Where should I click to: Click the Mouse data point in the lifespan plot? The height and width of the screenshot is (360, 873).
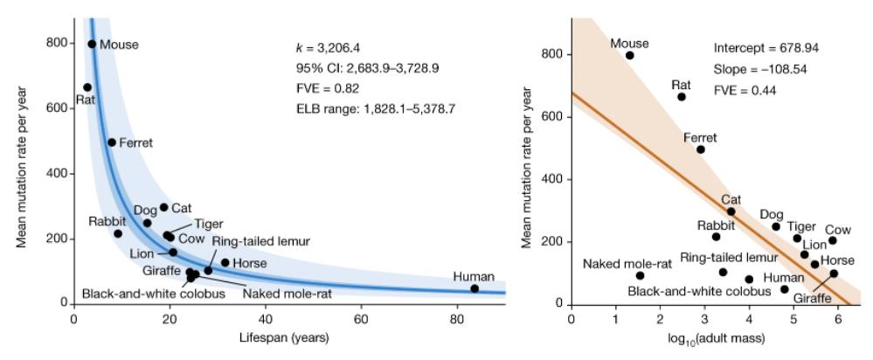pos(92,44)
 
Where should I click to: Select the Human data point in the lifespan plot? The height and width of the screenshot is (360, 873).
pos(475,288)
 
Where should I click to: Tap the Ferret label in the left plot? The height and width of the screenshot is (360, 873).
pos(135,142)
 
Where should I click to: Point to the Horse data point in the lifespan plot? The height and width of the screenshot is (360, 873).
pos(225,262)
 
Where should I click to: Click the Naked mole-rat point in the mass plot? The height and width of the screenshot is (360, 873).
pos(640,275)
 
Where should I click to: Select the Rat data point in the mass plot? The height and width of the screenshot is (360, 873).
pos(682,97)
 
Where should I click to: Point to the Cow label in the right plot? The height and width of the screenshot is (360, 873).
pos(837,230)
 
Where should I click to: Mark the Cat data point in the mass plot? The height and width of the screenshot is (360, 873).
pos(731,211)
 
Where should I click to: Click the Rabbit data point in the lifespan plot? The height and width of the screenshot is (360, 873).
pos(118,233)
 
